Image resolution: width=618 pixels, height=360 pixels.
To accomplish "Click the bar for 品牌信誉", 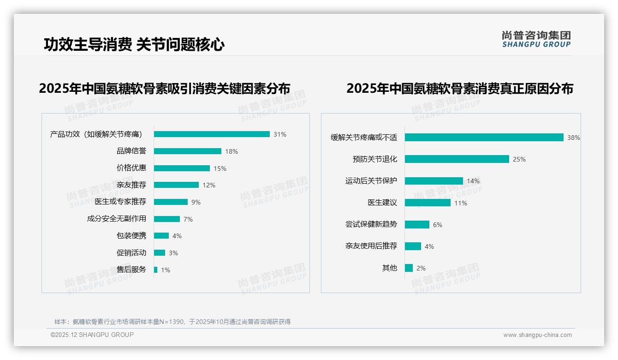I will pos(187,151).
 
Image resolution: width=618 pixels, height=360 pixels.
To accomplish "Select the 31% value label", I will pos(279,134).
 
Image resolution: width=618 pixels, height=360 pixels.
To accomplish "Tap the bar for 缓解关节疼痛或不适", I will pos(484,137).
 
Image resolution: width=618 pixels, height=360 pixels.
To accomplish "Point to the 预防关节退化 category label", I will pos(374,159).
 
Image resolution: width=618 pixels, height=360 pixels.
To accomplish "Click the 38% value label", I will pos(573,138).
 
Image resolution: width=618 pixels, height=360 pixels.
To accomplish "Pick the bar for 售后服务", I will pos(155,270).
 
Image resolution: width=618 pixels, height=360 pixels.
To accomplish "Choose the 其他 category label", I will pos(389,268).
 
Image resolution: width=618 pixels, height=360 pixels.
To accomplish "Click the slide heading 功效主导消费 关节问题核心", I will pos(134,45).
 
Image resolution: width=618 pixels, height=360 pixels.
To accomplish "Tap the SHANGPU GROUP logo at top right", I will pos(536,39).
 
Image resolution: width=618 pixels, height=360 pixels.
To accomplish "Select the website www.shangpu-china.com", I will pos(537,335).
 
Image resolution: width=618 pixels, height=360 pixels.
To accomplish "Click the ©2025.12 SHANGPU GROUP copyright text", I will pos(92,335).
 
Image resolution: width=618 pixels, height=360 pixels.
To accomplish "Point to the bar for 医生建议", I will pos(428,203).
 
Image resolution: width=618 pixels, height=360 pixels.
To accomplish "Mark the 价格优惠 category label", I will pos(131,168).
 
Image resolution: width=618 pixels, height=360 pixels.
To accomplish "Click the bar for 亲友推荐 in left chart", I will pos(176,185).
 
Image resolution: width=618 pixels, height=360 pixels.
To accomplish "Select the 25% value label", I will pos(519,159).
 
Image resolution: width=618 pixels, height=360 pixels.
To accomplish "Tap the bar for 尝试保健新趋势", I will pos(417,224).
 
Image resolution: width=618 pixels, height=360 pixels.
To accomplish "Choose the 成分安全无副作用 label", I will pos(116,219).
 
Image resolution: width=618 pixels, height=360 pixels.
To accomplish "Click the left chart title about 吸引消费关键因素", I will pos(164,89).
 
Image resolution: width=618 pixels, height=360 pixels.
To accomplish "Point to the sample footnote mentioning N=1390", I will pos(172,322).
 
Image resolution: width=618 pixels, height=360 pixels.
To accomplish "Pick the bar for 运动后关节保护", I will pos(434,181).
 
